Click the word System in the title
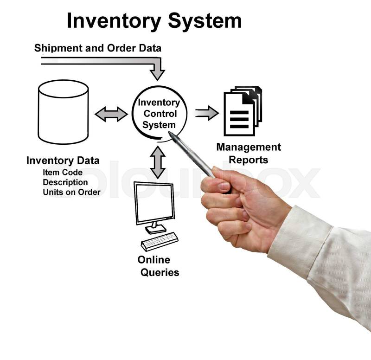click(x=205, y=21)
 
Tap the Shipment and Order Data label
click(x=98, y=48)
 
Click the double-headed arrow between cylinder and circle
click(x=111, y=114)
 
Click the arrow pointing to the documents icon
click(x=206, y=113)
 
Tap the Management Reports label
click(x=249, y=154)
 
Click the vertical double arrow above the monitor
click(x=158, y=162)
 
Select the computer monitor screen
click(x=154, y=202)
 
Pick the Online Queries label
click(x=158, y=266)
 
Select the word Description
click(x=65, y=182)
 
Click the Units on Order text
click(x=71, y=192)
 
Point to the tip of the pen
click(x=170, y=134)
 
